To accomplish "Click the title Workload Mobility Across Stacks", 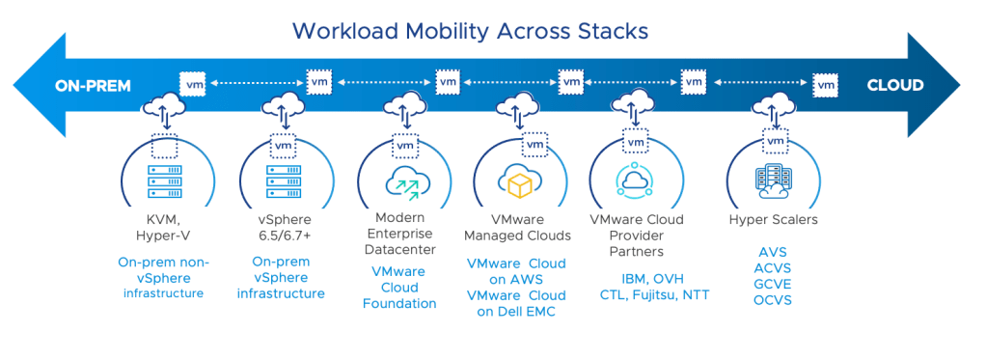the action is [x=471, y=30].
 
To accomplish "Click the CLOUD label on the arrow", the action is [x=894, y=85].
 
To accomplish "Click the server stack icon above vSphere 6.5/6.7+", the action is [x=284, y=181].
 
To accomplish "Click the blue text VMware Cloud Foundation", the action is [x=399, y=288].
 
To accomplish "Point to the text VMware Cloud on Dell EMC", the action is [x=516, y=303].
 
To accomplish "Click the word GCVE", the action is [x=772, y=285].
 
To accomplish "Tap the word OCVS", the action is [x=772, y=300].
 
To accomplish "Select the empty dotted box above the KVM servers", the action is [x=165, y=145].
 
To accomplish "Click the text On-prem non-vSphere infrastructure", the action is [x=163, y=278].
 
